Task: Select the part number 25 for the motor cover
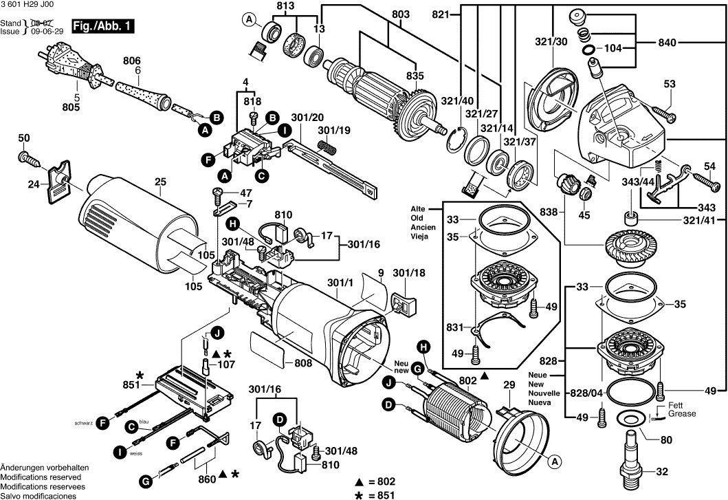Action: pyautogui.click(x=160, y=182)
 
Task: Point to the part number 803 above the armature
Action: pyautogui.click(x=399, y=13)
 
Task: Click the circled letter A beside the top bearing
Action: pyautogui.click(x=249, y=21)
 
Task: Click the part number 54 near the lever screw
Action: pyautogui.click(x=709, y=166)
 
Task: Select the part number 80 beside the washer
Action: pyautogui.click(x=666, y=441)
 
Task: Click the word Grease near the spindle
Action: pyautogui.click(x=682, y=414)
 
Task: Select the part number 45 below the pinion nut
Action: pyautogui.click(x=584, y=215)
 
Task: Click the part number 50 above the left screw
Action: pyautogui.click(x=24, y=139)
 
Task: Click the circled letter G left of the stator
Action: pyautogui.click(x=417, y=369)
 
